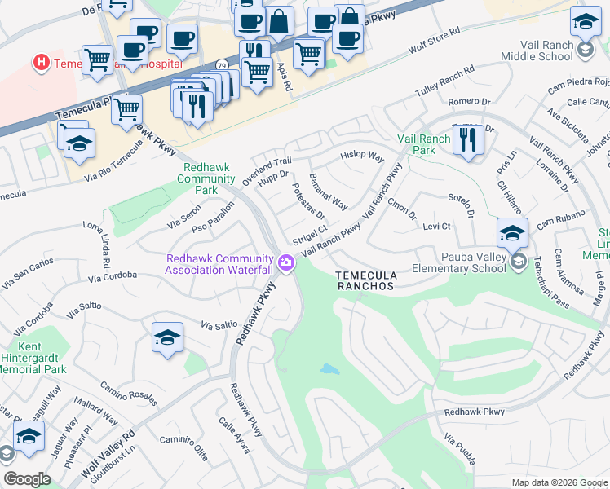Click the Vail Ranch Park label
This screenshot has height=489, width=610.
[x=423, y=144]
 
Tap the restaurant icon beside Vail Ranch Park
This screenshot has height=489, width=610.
[x=467, y=140]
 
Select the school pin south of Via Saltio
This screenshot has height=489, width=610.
[x=167, y=337]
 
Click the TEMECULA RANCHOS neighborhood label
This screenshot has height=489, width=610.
[x=365, y=281]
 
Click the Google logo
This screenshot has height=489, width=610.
[x=27, y=478]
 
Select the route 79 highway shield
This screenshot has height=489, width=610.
[x=222, y=64]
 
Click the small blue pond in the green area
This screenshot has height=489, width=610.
[x=329, y=369]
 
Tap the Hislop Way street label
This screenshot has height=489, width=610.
[x=361, y=155]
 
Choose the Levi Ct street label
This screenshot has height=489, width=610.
[x=436, y=226]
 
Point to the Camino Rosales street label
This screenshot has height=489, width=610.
[x=128, y=390]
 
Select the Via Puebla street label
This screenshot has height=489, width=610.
[x=460, y=450]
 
